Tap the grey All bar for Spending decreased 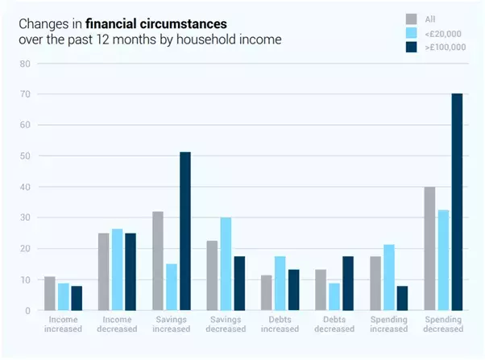[430, 249]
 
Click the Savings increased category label [170, 324]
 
